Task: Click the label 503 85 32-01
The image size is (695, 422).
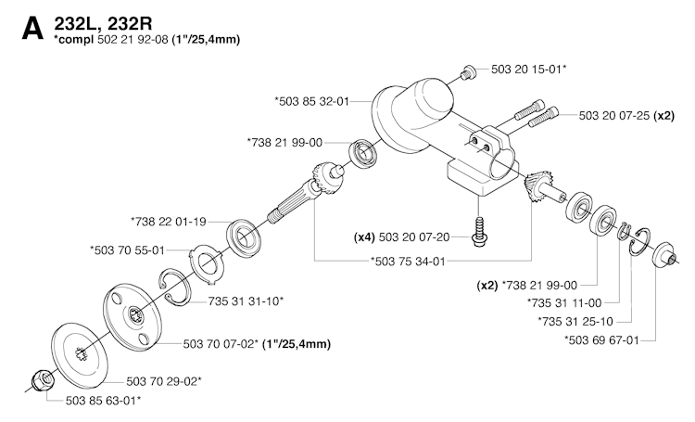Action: coord(312,100)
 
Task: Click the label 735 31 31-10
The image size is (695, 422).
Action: coord(246,301)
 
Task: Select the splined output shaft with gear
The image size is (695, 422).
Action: coord(301,196)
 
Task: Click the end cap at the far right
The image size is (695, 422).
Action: coord(663,255)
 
